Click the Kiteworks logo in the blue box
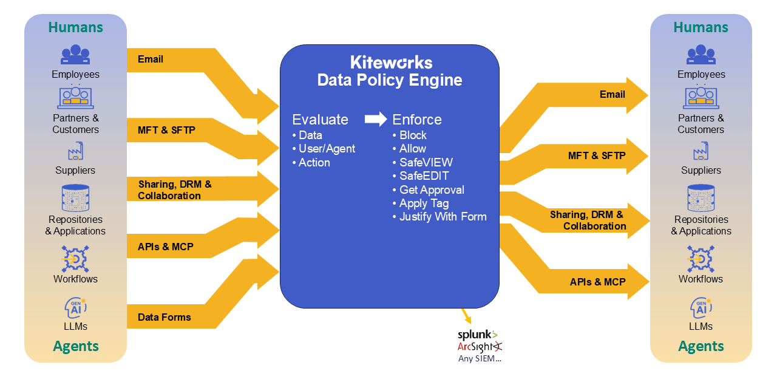[x=391, y=62]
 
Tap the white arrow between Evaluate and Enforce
[x=376, y=119]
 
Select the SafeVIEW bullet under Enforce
[x=426, y=162]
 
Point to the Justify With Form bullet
[x=443, y=216]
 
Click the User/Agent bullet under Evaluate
[x=327, y=148]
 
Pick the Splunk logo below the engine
[x=477, y=334]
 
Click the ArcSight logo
[x=480, y=346]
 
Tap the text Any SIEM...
[x=480, y=358]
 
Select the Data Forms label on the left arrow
[x=165, y=317]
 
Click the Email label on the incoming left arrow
[x=151, y=59]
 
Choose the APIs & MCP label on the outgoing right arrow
[x=597, y=282]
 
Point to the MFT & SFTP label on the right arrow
[x=597, y=155]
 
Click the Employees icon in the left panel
[x=75, y=55]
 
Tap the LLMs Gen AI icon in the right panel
[x=701, y=307]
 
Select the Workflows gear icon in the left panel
[x=75, y=259]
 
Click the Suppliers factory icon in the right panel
[x=701, y=152]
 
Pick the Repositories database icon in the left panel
[x=75, y=199]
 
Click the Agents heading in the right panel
[x=701, y=346]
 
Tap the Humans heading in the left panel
[x=75, y=27]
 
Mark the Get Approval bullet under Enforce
[x=432, y=189]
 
